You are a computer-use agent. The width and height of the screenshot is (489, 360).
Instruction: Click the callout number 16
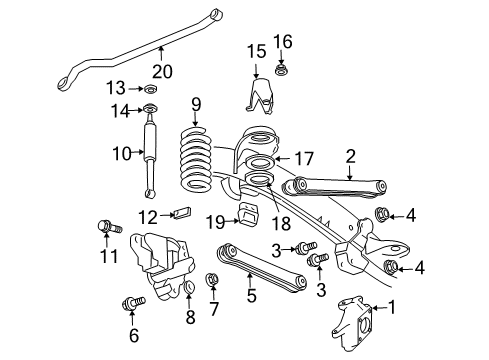[283, 41]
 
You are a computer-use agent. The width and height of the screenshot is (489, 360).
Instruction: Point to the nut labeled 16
[283, 73]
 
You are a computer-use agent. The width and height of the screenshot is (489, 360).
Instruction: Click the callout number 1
[392, 308]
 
